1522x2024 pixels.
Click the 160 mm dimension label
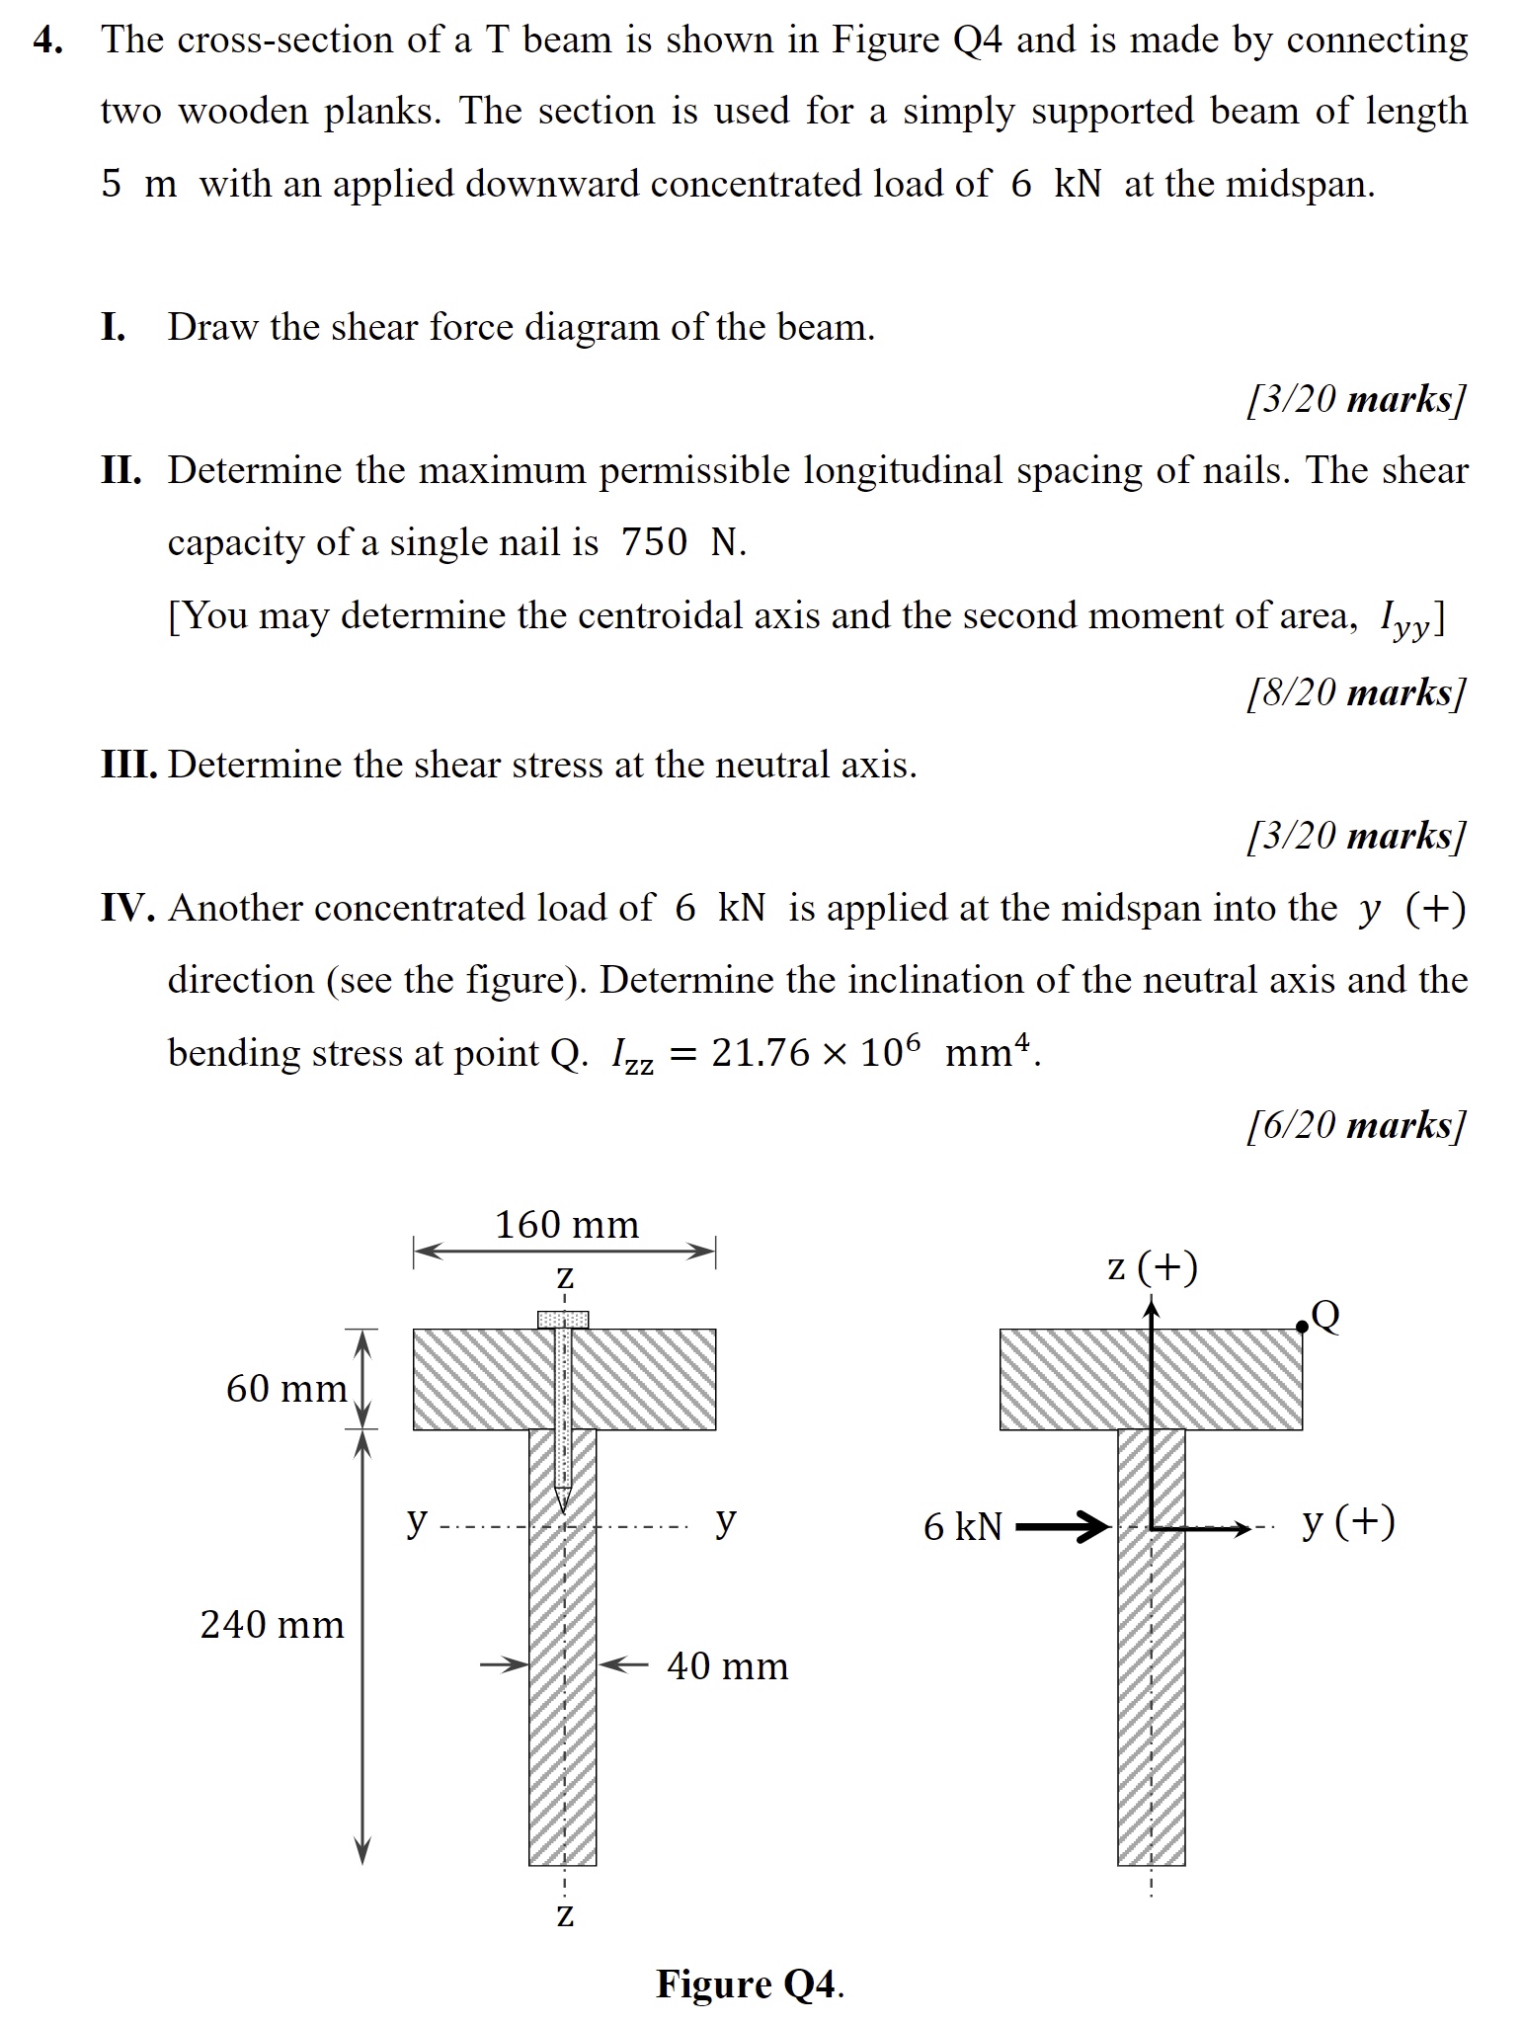pos(566,1225)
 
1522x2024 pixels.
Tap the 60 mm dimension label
pos(285,1388)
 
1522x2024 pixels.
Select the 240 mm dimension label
pos(272,1624)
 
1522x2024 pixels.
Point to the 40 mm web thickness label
pos(727,1666)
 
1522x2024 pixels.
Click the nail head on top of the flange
pos(563,1319)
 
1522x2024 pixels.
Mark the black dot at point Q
pos(1302,1327)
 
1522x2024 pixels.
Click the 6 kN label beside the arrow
pos(962,1527)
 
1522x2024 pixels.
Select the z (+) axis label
pos(1152,1266)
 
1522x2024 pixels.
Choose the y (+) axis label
pos(1348,1521)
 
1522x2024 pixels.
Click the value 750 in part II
pos(654,542)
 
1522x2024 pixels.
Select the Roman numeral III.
pos(128,765)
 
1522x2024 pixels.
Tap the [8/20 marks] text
pos(1356,691)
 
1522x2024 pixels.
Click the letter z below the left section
pos(564,1913)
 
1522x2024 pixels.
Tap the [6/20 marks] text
pos(1356,1124)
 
